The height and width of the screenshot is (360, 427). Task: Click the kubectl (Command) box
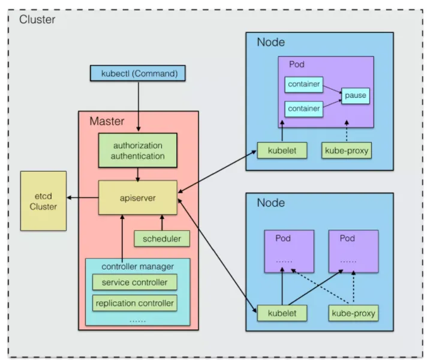click(x=137, y=74)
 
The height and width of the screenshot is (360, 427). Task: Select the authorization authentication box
click(x=139, y=151)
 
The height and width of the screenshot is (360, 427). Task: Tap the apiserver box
click(x=139, y=197)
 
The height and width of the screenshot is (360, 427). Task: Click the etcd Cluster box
click(x=44, y=201)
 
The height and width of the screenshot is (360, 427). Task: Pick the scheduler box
click(x=161, y=238)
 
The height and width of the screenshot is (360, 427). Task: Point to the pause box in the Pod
click(x=355, y=95)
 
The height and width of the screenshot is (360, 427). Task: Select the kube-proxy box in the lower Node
click(x=354, y=313)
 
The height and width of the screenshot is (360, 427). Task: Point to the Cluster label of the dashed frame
click(x=37, y=19)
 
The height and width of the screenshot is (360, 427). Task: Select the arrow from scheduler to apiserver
click(x=161, y=222)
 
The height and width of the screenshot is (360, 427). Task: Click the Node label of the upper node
click(x=270, y=42)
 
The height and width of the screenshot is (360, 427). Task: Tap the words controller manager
click(x=137, y=266)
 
